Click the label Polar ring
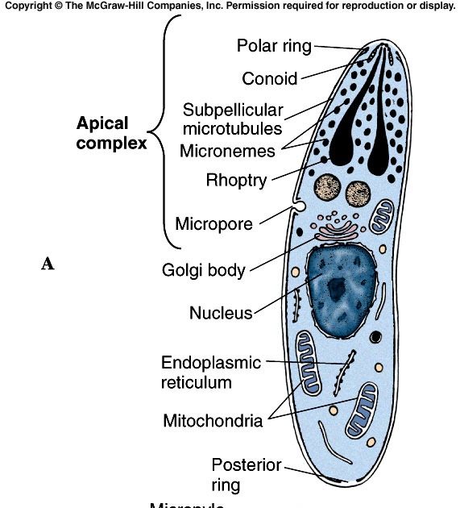[x=273, y=45]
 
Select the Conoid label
[x=269, y=78]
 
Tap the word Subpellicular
[x=232, y=110]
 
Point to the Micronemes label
[x=227, y=150]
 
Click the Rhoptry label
[x=235, y=181]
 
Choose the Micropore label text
[x=213, y=223]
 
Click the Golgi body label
[x=204, y=270]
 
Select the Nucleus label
[x=221, y=313]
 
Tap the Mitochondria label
[x=213, y=420]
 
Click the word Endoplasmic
[x=211, y=363]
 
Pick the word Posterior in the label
[x=247, y=465]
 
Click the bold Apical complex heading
[x=111, y=134]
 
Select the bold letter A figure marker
[x=48, y=264]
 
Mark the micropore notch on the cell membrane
[x=299, y=208]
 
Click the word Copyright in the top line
[x=30, y=6]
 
